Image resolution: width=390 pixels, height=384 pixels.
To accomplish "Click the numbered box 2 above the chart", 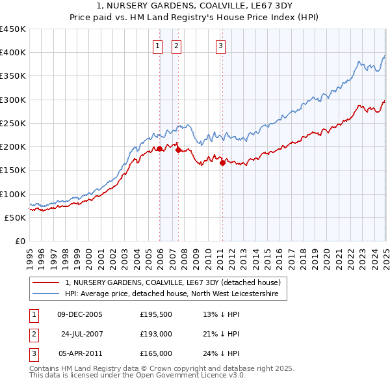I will (177, 46).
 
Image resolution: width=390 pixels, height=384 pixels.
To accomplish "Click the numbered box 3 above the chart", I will (221, 46).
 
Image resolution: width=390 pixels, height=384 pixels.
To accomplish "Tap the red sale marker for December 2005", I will (159, 149).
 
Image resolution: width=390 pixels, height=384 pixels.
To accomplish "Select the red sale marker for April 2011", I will (222, 163).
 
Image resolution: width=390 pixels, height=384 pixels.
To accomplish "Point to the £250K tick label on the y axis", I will (13, 123).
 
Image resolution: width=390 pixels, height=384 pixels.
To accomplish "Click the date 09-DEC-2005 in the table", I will (80, 314).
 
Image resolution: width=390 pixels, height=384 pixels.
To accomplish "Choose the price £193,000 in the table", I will (155, 334).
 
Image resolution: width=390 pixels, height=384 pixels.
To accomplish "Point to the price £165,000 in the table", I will (155, 353).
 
